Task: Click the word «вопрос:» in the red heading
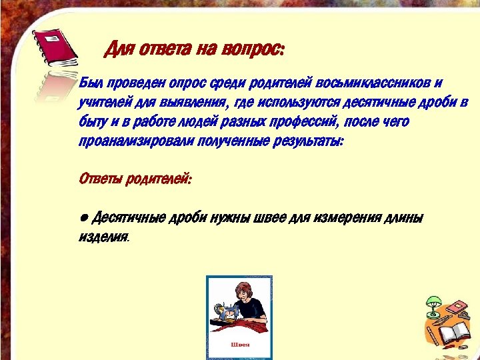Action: click(257, 49)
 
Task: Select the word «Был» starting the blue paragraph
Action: click(89, 83)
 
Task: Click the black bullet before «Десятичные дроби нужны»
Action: click(83, 219)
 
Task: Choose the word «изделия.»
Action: click(103, 237)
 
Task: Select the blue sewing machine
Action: click(226, 312)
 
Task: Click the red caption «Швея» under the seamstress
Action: click(239, 345)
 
